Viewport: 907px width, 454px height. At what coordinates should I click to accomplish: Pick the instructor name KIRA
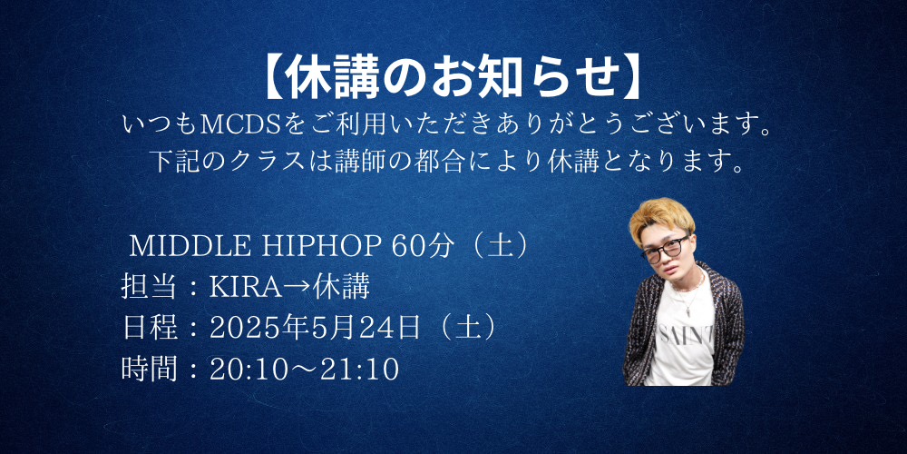(245, 287)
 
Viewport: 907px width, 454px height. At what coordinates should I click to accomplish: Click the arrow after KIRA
(297, 288)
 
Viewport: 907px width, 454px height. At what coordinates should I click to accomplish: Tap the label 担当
(150, 287)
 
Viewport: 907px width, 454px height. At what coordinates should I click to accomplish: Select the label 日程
(150, 329)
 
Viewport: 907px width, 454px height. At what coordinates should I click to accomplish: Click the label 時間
(150, 370)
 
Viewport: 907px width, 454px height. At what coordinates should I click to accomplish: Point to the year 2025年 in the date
(259, 329)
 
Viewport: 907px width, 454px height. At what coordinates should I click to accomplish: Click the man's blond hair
(660, 220)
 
